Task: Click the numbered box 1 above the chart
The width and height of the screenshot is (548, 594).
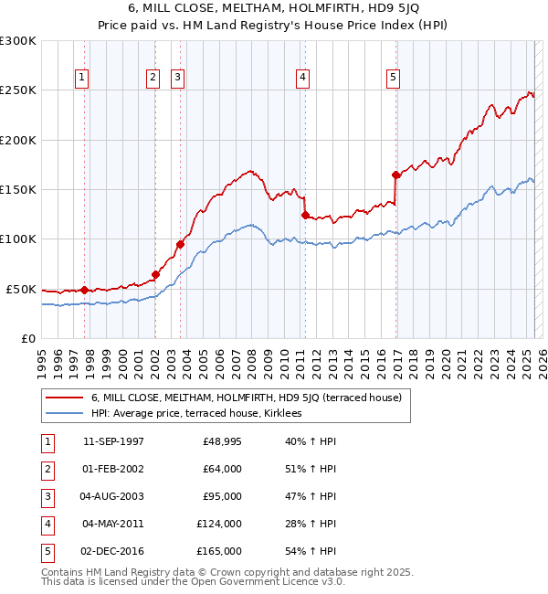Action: (x=82, y=79)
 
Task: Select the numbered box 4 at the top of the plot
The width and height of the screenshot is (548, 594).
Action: (x=301, y=79)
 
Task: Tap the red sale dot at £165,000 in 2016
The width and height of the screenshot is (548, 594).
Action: (x=395, y=175)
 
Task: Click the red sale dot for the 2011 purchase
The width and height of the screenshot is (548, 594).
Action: (x=305, y=215)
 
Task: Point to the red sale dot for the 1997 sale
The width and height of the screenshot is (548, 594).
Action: (x=85, y=290)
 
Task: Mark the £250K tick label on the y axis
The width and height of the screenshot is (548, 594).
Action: (x=18, y=90)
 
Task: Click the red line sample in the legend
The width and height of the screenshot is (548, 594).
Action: (x=63, y=398)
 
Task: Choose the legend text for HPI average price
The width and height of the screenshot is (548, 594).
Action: (x=196, y=413)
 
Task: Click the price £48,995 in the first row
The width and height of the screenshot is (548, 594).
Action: (x=222, y=441)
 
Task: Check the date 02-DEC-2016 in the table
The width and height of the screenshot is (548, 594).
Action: (x=113, y=551)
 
